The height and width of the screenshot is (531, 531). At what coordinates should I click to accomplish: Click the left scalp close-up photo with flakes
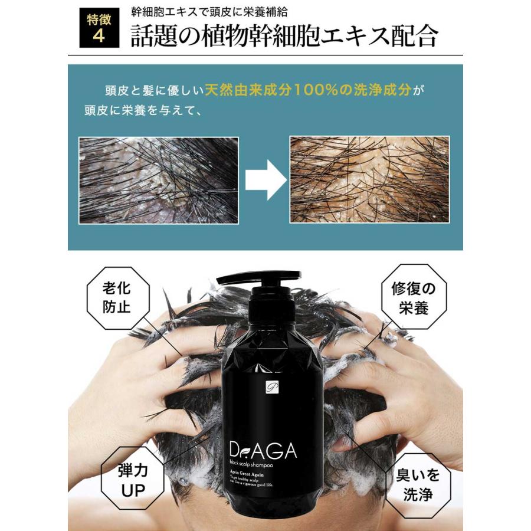(x=159, y=180)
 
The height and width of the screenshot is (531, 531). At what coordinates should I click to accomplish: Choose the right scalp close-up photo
(x=369, y=180)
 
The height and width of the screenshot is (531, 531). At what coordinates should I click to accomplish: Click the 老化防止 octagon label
(x=116, y=298)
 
